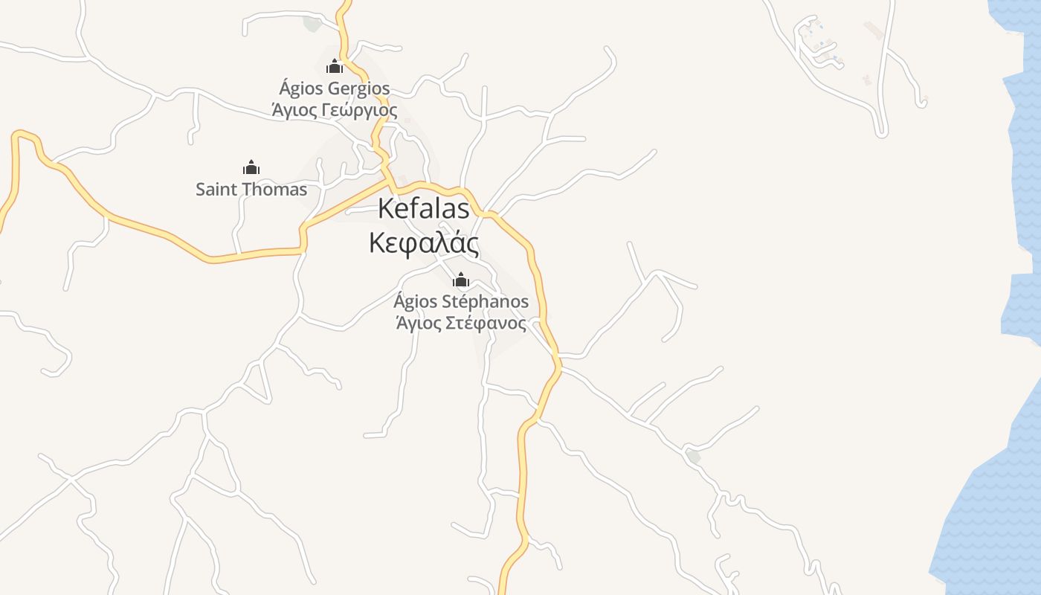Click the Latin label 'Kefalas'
[x=424, y=209]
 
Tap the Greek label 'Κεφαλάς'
[x=424, y=243]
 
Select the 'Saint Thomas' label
[x=251, y=190]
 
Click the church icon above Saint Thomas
[x=251, y=167]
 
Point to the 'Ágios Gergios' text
[x=335, y=89]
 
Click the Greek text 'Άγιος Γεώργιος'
[x=335, y=111]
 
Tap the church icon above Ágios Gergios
[x=335, y=67]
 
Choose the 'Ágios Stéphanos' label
[x=461, y=302]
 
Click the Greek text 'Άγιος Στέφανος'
[x=461, y=324]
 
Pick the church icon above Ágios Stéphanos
[x=461, y=280]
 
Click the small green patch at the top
[x=313, y=23]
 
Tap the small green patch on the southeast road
[x=693, y=456]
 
